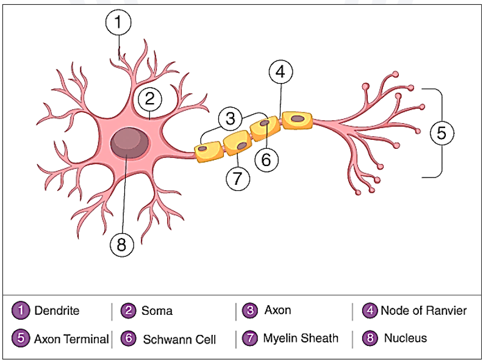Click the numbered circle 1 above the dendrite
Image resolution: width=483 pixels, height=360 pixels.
point(118,23)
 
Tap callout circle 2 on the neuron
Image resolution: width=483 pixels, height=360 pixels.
point(149,98)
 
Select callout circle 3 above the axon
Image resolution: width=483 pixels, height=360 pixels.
point(231,118)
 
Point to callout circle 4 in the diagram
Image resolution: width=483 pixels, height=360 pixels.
point(280,71)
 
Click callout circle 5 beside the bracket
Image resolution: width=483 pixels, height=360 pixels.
point(442,132)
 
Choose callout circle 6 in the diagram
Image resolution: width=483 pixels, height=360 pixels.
point(266,159)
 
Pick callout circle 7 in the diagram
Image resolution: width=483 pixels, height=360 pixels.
point(238,178)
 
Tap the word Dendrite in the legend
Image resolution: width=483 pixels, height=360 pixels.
point(57,311)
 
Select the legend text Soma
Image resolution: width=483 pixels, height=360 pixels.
point(157,311)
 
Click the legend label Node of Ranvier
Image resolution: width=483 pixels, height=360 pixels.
point(424,311)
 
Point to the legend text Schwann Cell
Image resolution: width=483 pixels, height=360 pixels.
point(179,339)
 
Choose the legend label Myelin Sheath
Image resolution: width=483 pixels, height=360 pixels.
point(301,338)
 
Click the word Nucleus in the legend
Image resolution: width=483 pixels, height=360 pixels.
point(406,338)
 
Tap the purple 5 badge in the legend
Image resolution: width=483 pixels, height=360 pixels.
point(21,339)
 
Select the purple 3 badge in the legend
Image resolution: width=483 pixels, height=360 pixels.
point(250,311)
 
